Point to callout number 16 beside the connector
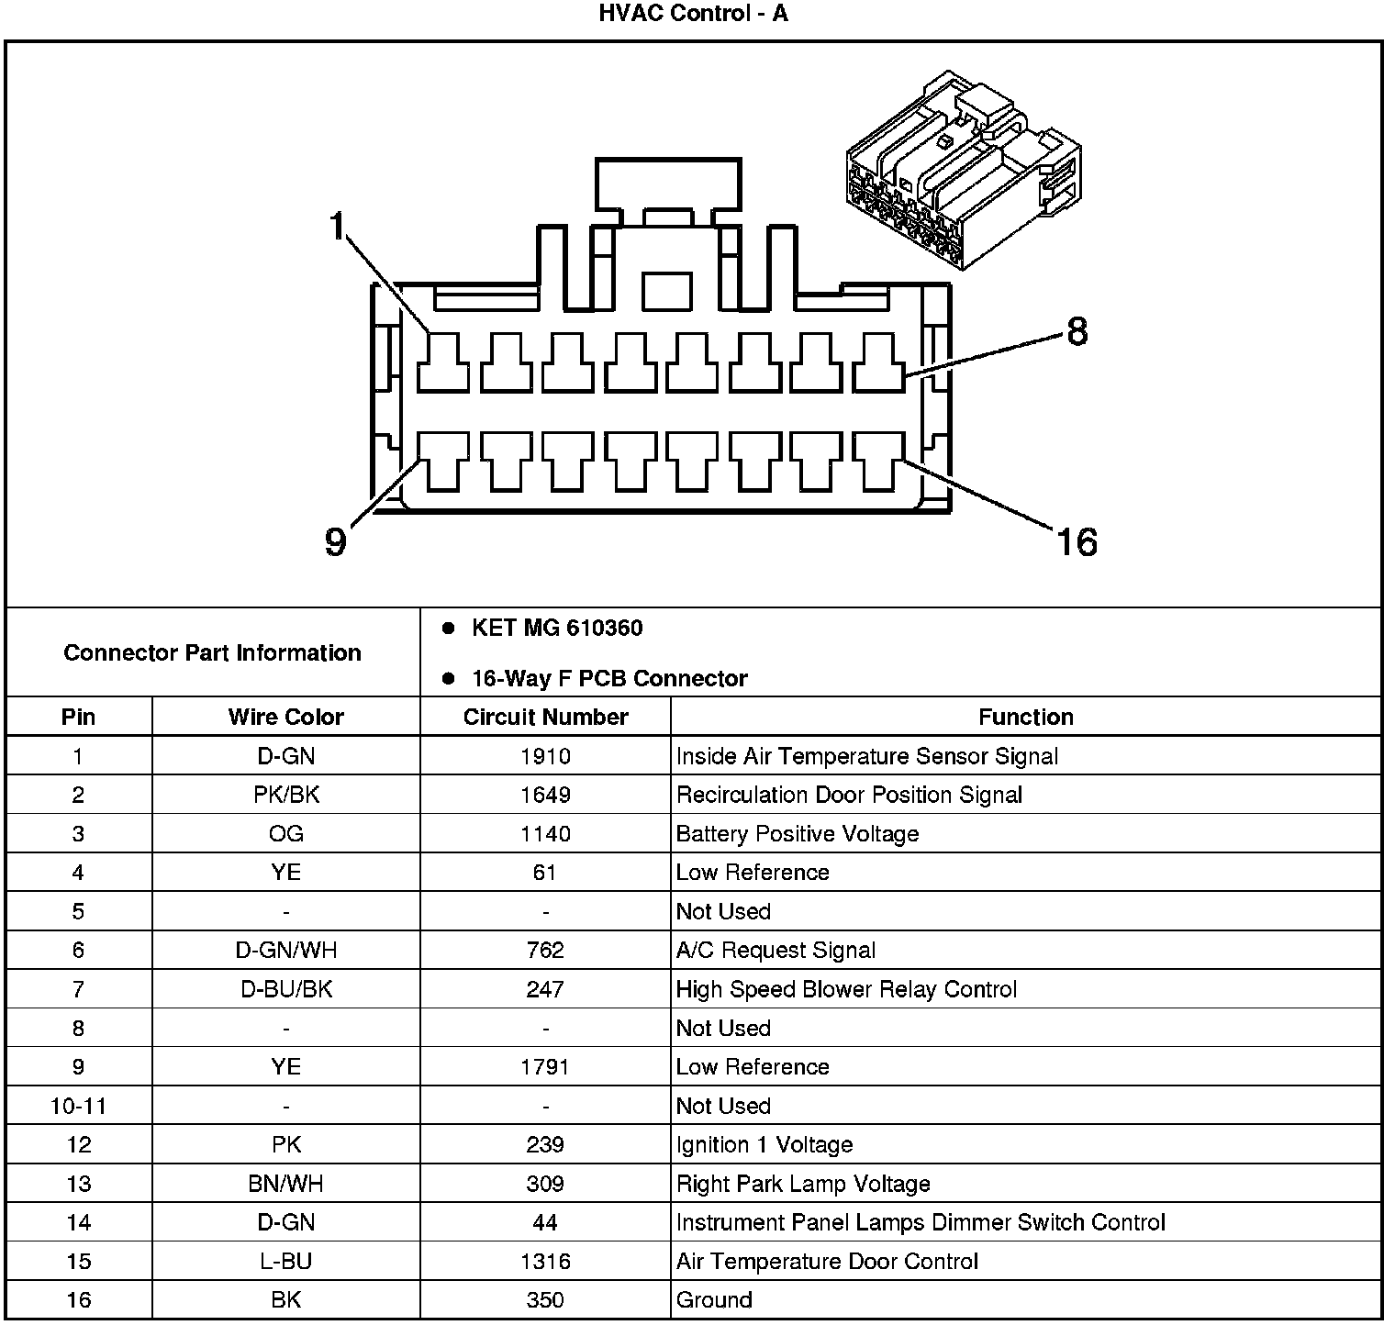(x=1077, y=541)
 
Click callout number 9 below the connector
(x=336, y=541)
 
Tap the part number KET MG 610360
(x=556, y=629)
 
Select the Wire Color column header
(x=285, y=717)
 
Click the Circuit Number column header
(x=545, y=717)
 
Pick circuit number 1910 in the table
(x=545, y=756)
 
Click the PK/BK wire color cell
(x=285, y=795)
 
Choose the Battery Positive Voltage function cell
(x=797, y=834)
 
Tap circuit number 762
(x=545, y=951)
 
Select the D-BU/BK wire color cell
(x=285, y=989)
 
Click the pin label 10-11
(x=78, y=1106)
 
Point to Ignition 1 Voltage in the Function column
(x=764, y=1145)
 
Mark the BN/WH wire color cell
(x=285, y=1184)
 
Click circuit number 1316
(x=545, y=1262)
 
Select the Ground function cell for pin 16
(x=713, y=1300)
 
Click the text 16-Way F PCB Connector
(x=608, y=679)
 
